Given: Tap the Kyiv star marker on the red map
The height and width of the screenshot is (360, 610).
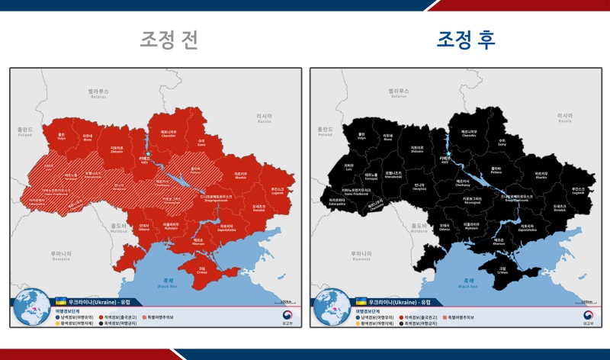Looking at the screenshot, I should coord(148,153).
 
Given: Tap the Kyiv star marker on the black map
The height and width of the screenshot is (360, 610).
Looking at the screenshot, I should coord(448,153).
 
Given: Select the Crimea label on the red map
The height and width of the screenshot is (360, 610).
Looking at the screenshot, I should coord(202,269).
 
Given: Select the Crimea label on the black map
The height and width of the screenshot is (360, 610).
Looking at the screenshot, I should coord(502,269).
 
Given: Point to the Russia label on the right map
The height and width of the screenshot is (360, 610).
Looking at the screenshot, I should coord(564,118).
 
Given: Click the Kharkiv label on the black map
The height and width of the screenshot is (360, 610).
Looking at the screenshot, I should coord(541,175).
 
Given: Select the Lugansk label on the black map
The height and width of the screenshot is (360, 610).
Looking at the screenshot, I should coord(579,191).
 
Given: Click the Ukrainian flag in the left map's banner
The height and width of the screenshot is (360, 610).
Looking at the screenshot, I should coord(60,302).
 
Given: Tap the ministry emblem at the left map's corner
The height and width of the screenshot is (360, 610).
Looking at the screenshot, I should coord(287,316).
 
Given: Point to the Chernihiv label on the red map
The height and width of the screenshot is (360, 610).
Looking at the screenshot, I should coord(169,133).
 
